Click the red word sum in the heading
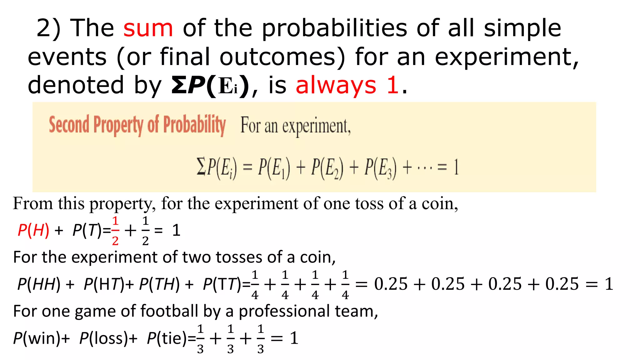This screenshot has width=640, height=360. coord(148,28)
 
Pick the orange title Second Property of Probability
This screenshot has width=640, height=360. coord(137,125)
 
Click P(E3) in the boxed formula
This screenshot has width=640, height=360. coord(381,168)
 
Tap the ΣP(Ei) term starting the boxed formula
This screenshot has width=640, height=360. coord(217,168)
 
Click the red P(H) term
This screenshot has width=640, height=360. coord(33,231)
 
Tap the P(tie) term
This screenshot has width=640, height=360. coord(167,338)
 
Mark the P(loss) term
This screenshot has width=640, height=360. coord(104,338)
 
